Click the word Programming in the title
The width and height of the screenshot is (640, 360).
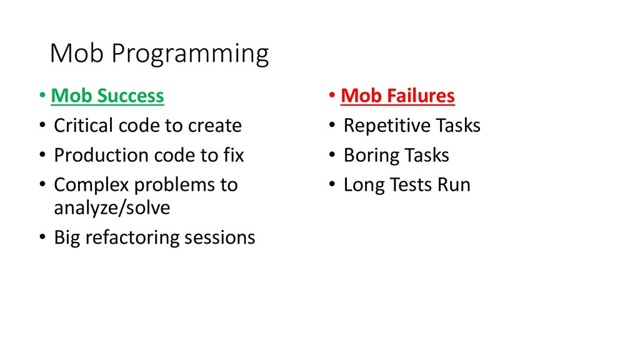(190, 54)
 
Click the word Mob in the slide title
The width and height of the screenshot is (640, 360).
(76, 53)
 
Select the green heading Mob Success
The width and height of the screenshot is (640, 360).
(107, 96)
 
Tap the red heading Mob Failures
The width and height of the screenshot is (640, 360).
(397, 96)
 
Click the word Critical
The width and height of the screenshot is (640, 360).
(83, 125)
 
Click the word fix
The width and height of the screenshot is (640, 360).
(234, 155)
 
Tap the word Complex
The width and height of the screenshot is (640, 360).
(91, 185)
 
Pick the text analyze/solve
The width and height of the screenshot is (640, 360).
(112, 207)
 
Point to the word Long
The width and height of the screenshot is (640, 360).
(364, 185)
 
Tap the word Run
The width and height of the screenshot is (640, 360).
(454, 184)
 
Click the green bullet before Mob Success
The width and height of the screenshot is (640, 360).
(42, 96)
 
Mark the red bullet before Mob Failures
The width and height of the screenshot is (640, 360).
(332, 96)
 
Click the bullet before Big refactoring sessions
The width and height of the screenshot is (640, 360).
(42, 237)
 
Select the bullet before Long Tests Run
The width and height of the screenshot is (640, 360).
(332, 184)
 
